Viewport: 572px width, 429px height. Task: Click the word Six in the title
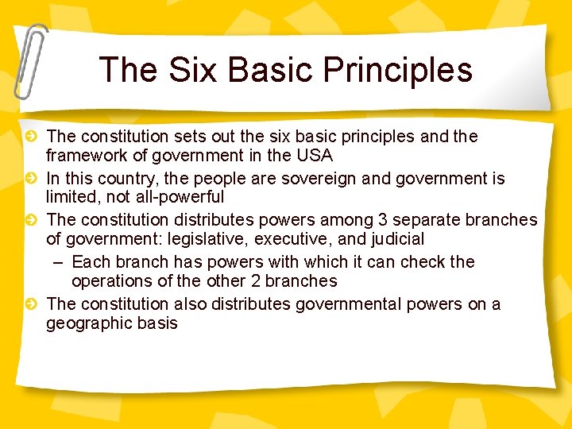coord(184,69)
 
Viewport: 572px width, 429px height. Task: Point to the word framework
coord(84,155)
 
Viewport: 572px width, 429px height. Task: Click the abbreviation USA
coord(315,155)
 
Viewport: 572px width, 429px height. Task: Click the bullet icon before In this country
coord(30,179)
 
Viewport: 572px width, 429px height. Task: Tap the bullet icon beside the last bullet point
coord(30,304)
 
